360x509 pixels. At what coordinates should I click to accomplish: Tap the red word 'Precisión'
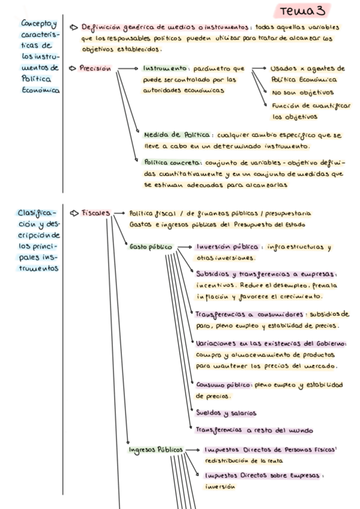coord(95,68)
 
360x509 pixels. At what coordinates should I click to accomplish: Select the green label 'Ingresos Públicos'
coord(154,450)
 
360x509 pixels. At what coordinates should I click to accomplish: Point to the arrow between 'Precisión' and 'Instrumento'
coord(127,69)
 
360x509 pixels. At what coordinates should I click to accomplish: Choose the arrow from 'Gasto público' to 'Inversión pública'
coord(185,247)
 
